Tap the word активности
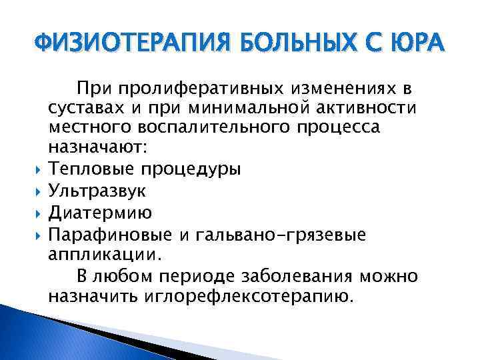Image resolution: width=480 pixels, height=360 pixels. [x=369, y=109]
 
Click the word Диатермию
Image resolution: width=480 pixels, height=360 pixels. [x=100, y=212]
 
